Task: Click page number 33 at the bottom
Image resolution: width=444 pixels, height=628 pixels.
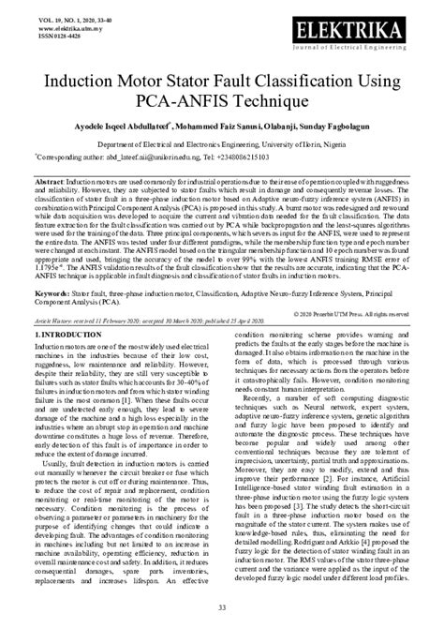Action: pyautogui.click(x=221, y=609)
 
